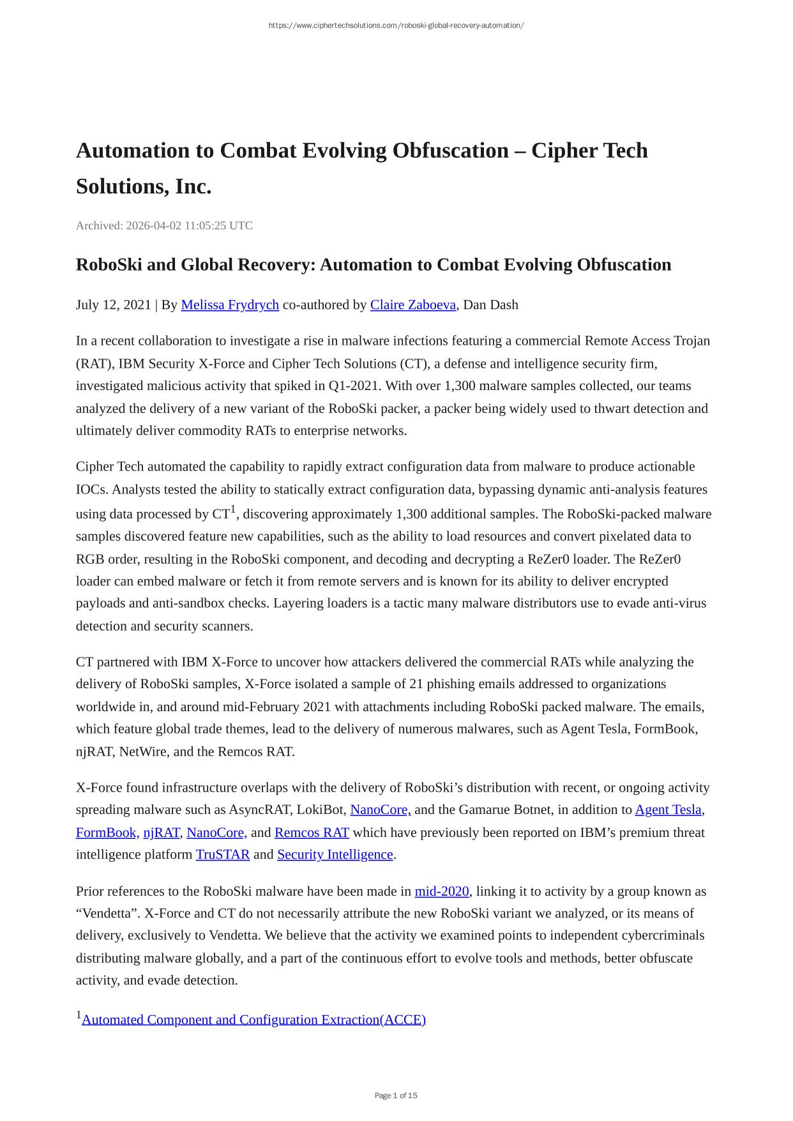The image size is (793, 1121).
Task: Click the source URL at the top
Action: (396, 26)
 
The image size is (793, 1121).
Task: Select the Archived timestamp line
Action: (164, 225)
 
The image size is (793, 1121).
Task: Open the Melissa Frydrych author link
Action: (230, 305)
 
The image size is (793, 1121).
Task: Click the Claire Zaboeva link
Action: (412, 305)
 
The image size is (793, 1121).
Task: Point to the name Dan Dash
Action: (490, 305)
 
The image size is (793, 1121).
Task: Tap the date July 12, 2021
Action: (113, 305)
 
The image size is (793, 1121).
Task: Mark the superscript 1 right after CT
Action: (233, 509)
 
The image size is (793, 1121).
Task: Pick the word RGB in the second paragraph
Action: (89, 559)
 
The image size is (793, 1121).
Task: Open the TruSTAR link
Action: (222, 854)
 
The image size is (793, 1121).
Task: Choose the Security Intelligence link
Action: (335, 854)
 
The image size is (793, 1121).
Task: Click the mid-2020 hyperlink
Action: (441, 891)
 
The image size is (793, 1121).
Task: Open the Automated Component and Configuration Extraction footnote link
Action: (253, 1019)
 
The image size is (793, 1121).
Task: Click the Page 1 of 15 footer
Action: (396, 1095)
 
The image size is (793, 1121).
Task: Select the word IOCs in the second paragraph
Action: (91, 489)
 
